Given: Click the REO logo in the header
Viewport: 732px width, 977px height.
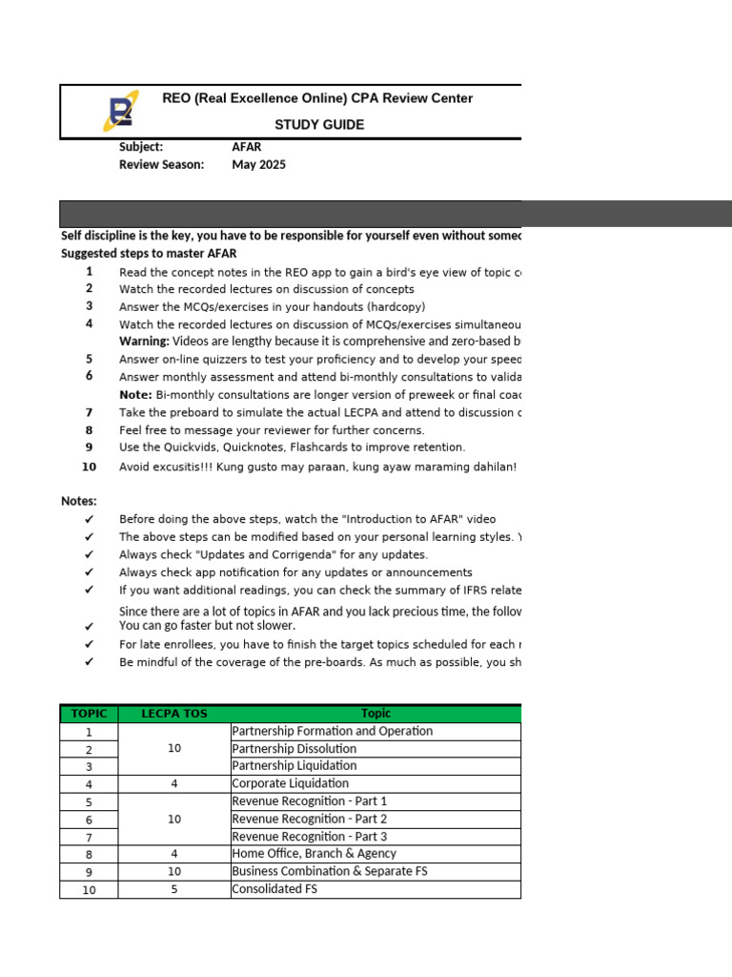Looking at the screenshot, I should [120, 111].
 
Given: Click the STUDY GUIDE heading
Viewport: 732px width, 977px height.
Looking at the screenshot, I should [319, 125].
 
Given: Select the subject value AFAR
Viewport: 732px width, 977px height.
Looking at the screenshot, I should [246, 147].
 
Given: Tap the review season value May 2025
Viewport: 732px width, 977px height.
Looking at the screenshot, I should [258, 164].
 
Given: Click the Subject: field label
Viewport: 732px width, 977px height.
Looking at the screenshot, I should [141, 147].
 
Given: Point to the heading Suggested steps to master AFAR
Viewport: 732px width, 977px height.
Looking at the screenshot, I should [149, 254].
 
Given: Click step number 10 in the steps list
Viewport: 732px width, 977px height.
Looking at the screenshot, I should [89, 467].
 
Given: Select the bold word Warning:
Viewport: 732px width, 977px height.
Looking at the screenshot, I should [144, 342].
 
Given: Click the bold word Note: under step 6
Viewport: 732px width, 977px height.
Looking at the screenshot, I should [135, 395].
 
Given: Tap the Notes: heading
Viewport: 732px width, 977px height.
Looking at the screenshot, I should [79, 501].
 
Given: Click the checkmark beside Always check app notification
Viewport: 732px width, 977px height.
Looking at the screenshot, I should [90, 572].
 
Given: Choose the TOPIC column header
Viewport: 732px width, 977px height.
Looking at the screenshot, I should [89, 714].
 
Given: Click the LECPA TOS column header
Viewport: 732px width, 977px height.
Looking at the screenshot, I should [174, 714].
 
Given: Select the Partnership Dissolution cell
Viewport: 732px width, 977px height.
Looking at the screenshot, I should [294, 749].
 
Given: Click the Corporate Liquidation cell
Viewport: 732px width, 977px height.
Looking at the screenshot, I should [290, 783].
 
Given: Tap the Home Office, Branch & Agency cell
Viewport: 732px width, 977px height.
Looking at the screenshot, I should [314, 854].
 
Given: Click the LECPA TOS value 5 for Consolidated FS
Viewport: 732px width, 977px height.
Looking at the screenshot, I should [174, 889].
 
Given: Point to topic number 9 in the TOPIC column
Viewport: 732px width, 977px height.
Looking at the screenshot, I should [89, 872].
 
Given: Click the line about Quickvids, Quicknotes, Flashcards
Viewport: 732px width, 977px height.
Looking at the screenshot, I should [292, 447].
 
